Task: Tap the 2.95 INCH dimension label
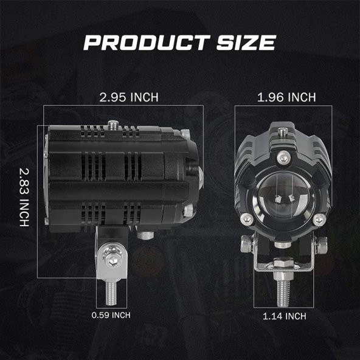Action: (129, 97)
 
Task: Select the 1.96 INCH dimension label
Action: (286, 97)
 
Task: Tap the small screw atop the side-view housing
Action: (112, 125)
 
